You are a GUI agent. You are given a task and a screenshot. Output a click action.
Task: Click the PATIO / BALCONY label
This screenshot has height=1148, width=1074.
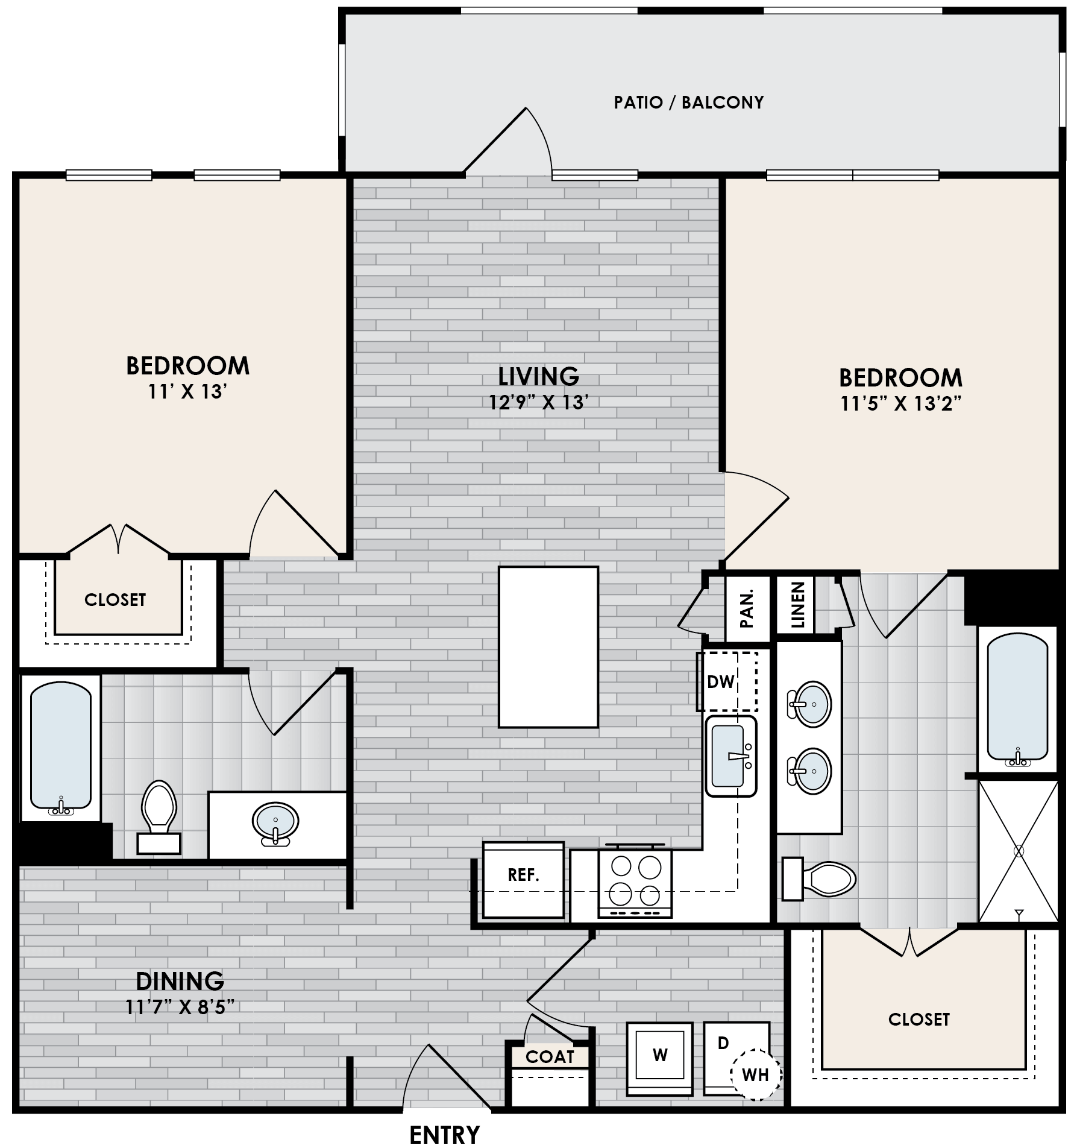(x=688, y=102)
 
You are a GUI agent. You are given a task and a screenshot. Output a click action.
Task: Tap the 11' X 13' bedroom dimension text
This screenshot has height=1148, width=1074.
(x=187, y=393)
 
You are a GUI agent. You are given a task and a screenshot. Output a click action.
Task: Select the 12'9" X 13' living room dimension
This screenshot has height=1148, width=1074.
(x=538, y=402)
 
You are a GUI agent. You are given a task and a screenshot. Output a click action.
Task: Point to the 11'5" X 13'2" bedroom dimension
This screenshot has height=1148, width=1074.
(x=900, y=404)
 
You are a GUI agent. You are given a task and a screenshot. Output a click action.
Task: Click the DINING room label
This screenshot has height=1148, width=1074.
(x=180, y=981)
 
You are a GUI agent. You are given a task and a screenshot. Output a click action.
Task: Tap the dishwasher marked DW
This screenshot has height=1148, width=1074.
(x=726, y=682)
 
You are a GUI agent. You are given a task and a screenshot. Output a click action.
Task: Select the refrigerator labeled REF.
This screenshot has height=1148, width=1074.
(x=523, y=875)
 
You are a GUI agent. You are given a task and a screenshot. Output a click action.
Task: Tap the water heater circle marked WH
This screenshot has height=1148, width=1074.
(x=755, y=1074)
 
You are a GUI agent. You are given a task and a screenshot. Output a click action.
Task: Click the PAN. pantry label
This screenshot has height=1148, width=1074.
(x=747, y=609)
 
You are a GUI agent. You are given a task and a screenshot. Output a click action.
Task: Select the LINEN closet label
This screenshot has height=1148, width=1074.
(x=797, y=605)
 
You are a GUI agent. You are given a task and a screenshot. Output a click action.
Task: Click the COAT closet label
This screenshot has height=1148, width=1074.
(x=549, y=1057)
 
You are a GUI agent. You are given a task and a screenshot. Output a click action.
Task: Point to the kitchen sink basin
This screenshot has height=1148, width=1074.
(x=730, y=756)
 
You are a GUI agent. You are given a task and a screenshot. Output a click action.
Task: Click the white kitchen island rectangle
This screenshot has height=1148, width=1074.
(x=548, y=646)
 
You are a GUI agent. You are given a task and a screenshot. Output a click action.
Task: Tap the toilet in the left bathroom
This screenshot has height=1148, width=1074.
(x=158, y=814)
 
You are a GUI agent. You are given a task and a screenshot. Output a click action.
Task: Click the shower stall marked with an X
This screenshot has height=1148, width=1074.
(x=1018, y=851)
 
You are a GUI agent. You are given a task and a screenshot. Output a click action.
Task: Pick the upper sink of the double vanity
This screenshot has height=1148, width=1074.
(x=809, y=704)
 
